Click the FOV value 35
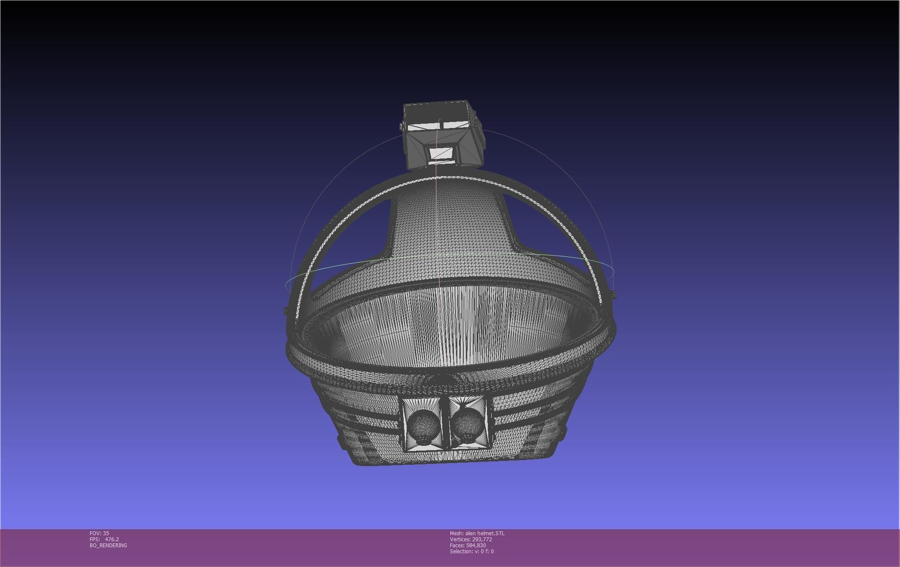coord(106,533)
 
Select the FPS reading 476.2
coord(112,539)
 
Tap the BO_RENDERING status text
coord(108,545)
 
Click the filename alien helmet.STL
coord(485,533)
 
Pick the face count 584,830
coord(476,545)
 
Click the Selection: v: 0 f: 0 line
coord(471,551)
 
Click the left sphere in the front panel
coord(423,425)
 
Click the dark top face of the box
coord(436,113)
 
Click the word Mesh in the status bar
coord(456,533)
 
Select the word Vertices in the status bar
coord(460,539)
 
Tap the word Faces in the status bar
coord(457,545)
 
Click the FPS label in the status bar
coord(94,539)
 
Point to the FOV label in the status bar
coord(95,533)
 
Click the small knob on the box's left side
coord(401,126)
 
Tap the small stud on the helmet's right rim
coord(614,295)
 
